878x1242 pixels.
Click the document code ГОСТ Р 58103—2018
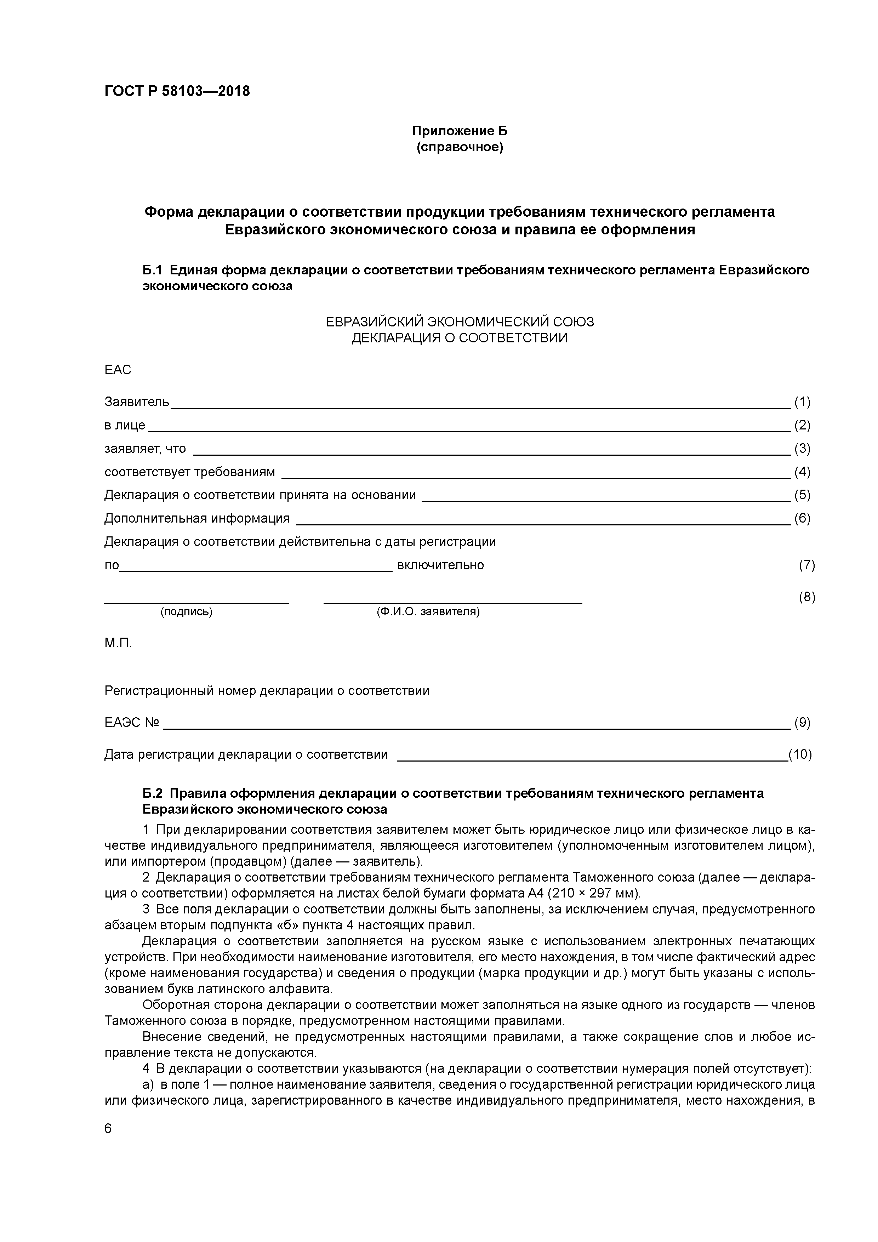click(177, 91)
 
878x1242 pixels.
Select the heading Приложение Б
click(459, 131)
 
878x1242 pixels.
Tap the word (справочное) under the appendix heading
click(459, 147)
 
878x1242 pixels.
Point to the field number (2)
click(802, 425)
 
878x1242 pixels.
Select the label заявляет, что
click(145, 449)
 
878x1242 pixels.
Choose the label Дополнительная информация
click(197, 518)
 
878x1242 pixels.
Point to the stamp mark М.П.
click(118, 643)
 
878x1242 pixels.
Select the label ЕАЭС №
click(131, 722)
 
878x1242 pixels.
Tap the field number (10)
click(800, 754)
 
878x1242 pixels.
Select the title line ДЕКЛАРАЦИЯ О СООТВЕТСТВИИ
click(459, 338)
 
